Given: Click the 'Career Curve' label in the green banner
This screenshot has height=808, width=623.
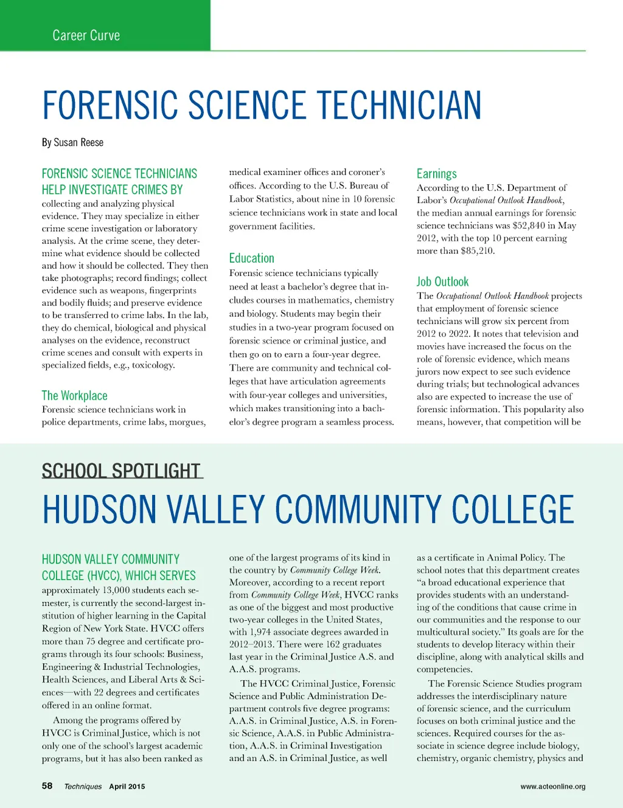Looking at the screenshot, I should [86, 35].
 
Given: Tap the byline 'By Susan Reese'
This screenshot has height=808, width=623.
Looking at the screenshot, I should [72, 142].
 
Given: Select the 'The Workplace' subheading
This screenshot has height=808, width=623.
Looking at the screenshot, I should [74, 395].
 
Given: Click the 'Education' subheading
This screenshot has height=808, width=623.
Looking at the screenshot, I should [251, 258].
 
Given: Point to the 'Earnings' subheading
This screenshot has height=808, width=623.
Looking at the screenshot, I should [436, 173].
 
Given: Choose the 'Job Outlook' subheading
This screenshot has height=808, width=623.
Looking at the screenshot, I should [442, 281].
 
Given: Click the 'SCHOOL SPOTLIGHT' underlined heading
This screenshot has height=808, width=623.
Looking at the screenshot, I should [121, 471].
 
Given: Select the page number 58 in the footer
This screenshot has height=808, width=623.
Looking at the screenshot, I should [47, 786].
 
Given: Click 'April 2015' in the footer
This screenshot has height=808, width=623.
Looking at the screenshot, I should [127, 786].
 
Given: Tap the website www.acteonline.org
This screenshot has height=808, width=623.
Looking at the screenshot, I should [552, 786].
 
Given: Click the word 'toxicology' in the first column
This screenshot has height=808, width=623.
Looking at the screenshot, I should [153, 365].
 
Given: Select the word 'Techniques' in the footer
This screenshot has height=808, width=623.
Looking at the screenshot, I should [83, 786].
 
